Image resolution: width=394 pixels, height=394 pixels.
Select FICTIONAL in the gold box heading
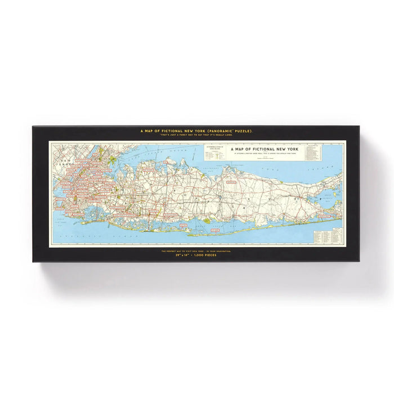(172, 132)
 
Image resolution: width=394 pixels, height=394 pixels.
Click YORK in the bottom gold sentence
(206, 250)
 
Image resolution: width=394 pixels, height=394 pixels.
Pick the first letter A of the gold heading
(142, 132)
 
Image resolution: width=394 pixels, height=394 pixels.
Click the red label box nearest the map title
(231, 182)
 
